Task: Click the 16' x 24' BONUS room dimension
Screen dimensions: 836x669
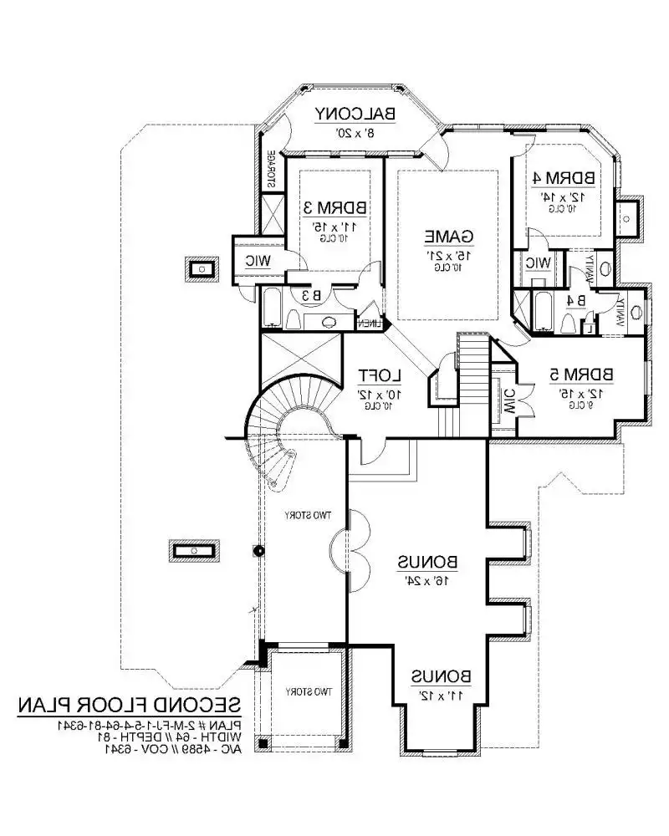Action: [x=429, y=579]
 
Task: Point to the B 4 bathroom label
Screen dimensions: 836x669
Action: [x=575, y=300]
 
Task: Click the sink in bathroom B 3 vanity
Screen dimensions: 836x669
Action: [x=328, y=321]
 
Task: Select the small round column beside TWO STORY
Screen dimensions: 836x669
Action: [x=259, y=550]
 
